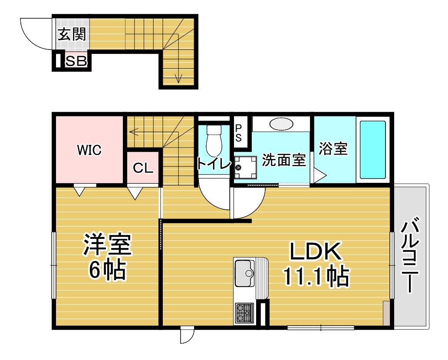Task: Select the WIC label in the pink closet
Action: [89, 150]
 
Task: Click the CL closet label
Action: [143, 168]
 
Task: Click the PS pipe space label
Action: [239, 133]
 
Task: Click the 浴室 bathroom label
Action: [333, 149]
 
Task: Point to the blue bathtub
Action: [373, 149]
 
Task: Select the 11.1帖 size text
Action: [316, 276]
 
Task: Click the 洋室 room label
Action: [108, 245]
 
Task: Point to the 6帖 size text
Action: [107, 270]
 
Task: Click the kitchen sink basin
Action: [245, 273]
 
